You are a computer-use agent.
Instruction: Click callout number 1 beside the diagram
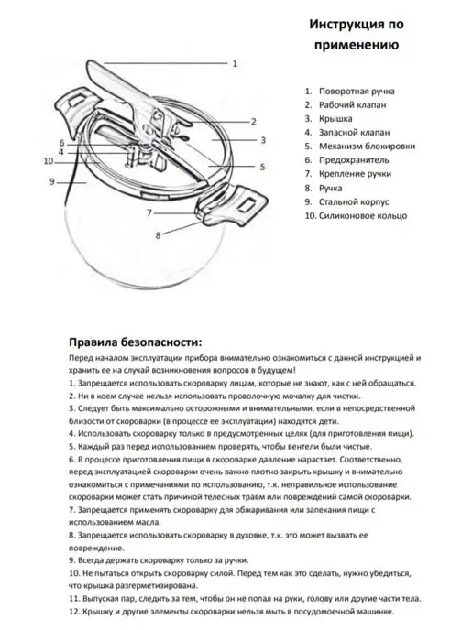(x=235, y=63)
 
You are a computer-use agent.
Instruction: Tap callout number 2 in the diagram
(x=253, y=122)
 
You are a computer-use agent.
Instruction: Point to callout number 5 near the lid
(x=263, y=167)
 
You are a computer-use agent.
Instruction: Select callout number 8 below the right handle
(x=158, y=235)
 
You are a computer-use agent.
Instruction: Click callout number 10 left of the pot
(x=49, y=161)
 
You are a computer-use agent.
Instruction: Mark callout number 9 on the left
(x=52, y=182)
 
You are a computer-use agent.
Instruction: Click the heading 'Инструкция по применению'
(x=357, y=34)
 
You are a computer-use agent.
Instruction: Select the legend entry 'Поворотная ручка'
(x=357, y=92)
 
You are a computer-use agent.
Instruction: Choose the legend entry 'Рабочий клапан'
(x=353, y=105)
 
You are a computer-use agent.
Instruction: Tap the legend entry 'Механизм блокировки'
(x=368, y=147)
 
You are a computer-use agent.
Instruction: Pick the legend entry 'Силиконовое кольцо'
(x=363, y=216)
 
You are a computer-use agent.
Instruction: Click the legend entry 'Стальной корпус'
(x=355, y=201)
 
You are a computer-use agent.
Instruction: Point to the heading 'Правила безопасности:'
(x=136, y=342)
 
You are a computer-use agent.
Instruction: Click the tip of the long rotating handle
(x=89, y=61)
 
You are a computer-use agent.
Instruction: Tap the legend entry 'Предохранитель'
(x=354, y=160)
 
